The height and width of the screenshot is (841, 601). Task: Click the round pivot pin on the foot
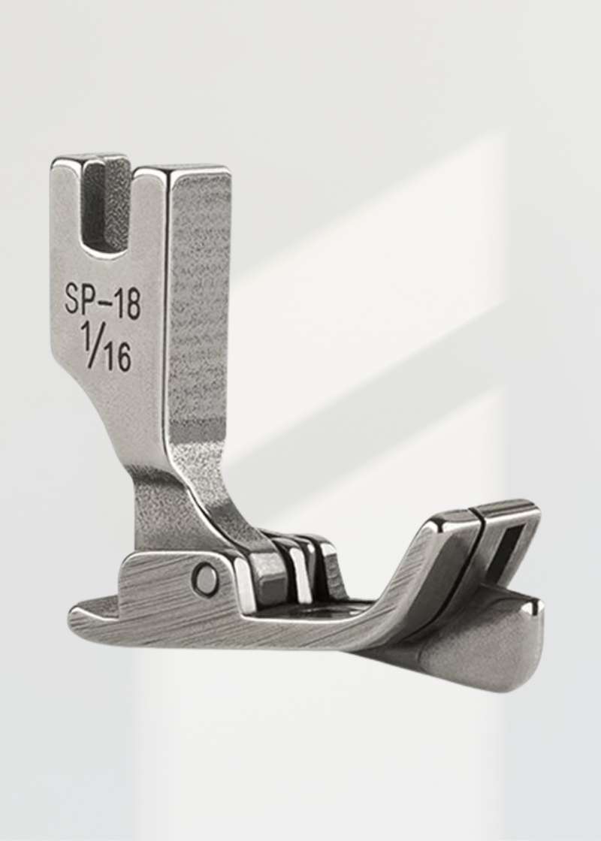pyautogui.click(x=204, y=578)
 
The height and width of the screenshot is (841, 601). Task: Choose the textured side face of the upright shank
pyautogui.click(x=198, y=315)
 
